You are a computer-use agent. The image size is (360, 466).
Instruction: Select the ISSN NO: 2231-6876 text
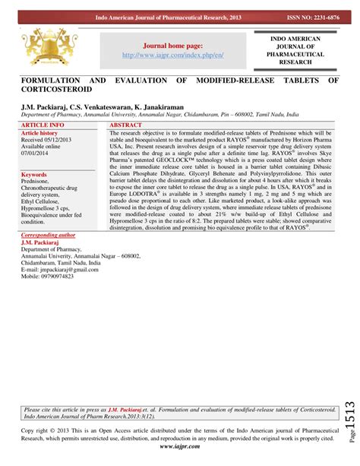coord(312,16)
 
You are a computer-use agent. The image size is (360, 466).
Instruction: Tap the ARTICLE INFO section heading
coord(43,123)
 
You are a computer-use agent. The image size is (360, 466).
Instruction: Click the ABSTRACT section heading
coord(128,123)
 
